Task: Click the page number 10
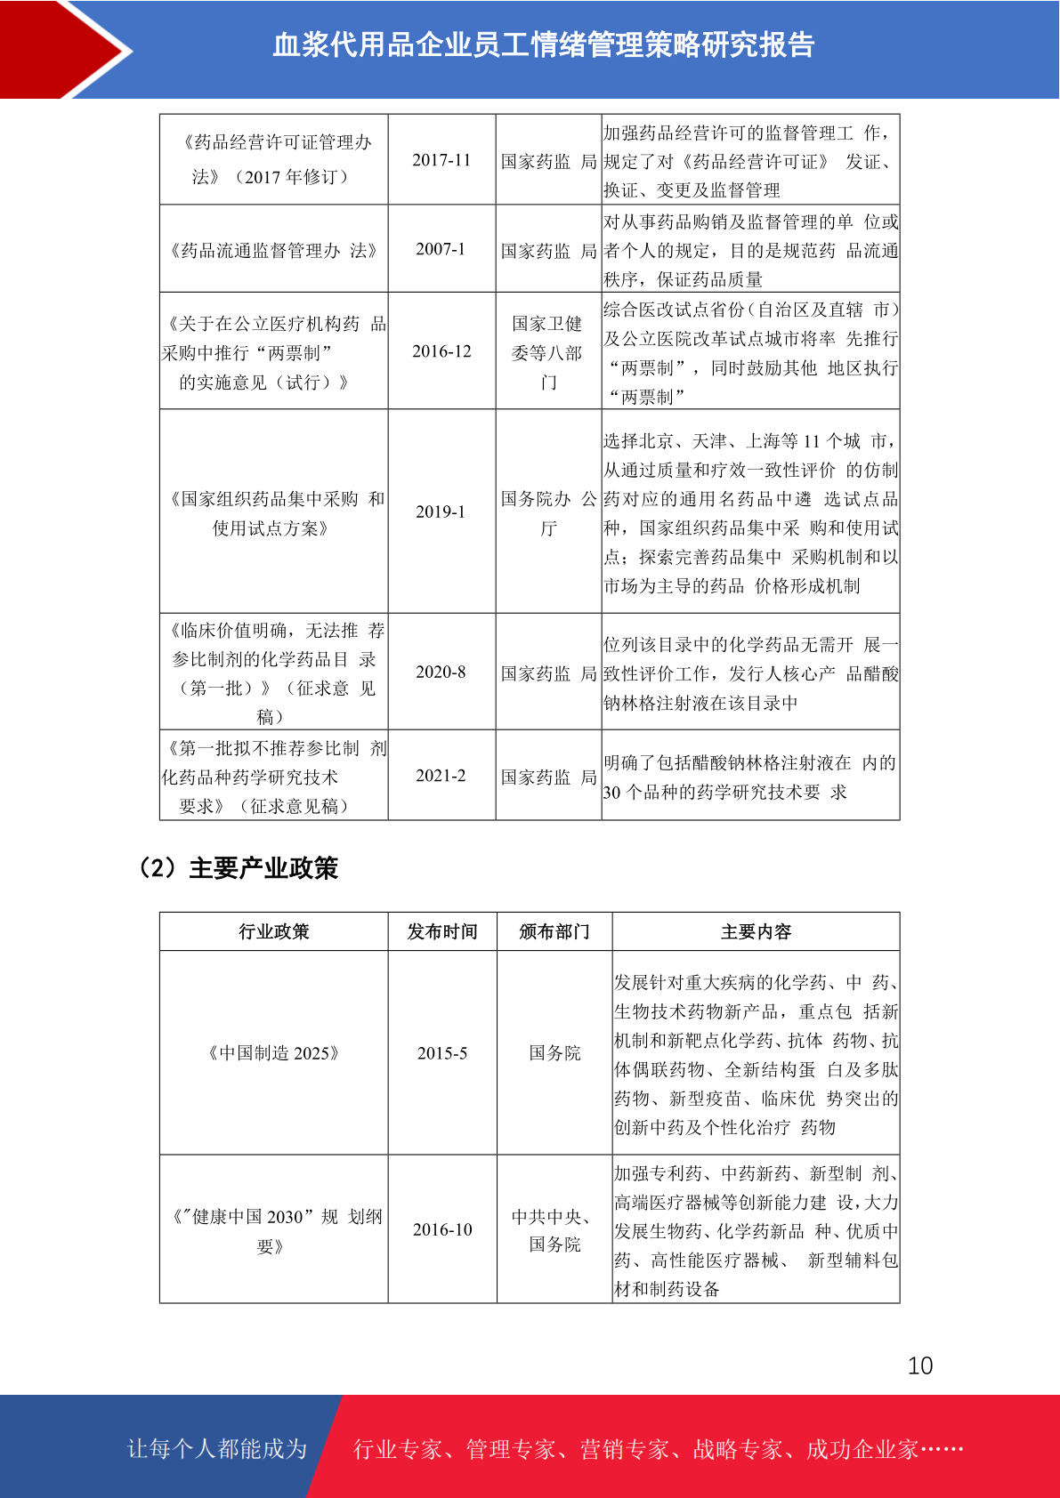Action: (x=920, y=1365)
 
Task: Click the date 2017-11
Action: (x=441, y=160)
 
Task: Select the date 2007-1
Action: (x=441, y=249)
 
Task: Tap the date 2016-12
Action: (x=441, y=351)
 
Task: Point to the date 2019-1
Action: (x=441, y=511)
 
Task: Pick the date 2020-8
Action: (x=441, y=672)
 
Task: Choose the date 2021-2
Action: (x=441, y=776)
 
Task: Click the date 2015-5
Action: (x=442, y=1053)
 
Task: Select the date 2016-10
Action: (x=442, y=1229)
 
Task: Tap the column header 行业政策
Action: (x=273, y=931)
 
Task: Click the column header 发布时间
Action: (x=442, y=931)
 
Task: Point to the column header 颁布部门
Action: (x=554, y=931)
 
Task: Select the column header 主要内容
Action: (x=756, y=931)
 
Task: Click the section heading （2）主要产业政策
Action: (x=236, y=868)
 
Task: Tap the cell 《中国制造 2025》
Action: (x=273, y=1053)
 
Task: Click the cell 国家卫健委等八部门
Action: (x=547, y=352)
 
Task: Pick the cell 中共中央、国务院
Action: (x=554, y=1230)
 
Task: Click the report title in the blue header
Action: (x=543, y=44)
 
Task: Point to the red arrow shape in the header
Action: (x=62, y=49)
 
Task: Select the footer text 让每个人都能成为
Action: (x=217, y=1448)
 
